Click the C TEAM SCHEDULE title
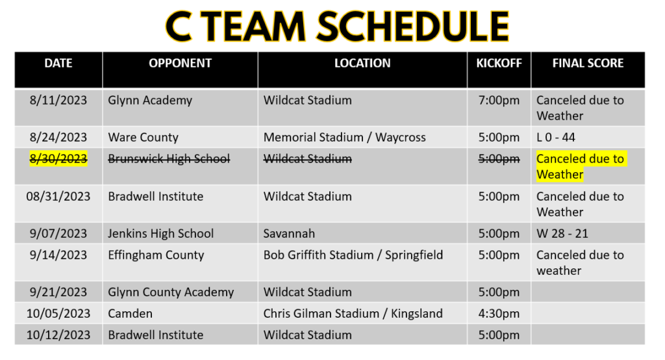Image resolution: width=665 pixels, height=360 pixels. (337, 27)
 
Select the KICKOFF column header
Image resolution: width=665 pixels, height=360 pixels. (499, 63)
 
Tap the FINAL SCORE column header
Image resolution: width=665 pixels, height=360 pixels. (588, 63)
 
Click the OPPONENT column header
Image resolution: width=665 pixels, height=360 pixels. (180, 63)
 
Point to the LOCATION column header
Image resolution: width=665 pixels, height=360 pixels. (362, 63)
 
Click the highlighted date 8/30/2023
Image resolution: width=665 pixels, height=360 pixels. (58, 159)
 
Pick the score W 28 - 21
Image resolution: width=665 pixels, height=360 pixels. (562, 233)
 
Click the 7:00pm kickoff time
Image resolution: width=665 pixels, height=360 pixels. (499, 101)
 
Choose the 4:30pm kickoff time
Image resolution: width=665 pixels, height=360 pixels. (499, 314)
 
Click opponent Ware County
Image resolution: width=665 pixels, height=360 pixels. (143, 138)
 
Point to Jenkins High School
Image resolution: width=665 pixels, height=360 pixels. (161, 233)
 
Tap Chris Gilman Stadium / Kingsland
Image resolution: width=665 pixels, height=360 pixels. (353, 314)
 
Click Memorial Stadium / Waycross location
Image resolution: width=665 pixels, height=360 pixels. (344, 138)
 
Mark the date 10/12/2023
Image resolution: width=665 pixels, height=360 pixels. (58, 335)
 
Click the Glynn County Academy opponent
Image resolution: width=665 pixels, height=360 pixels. (171, 292)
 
